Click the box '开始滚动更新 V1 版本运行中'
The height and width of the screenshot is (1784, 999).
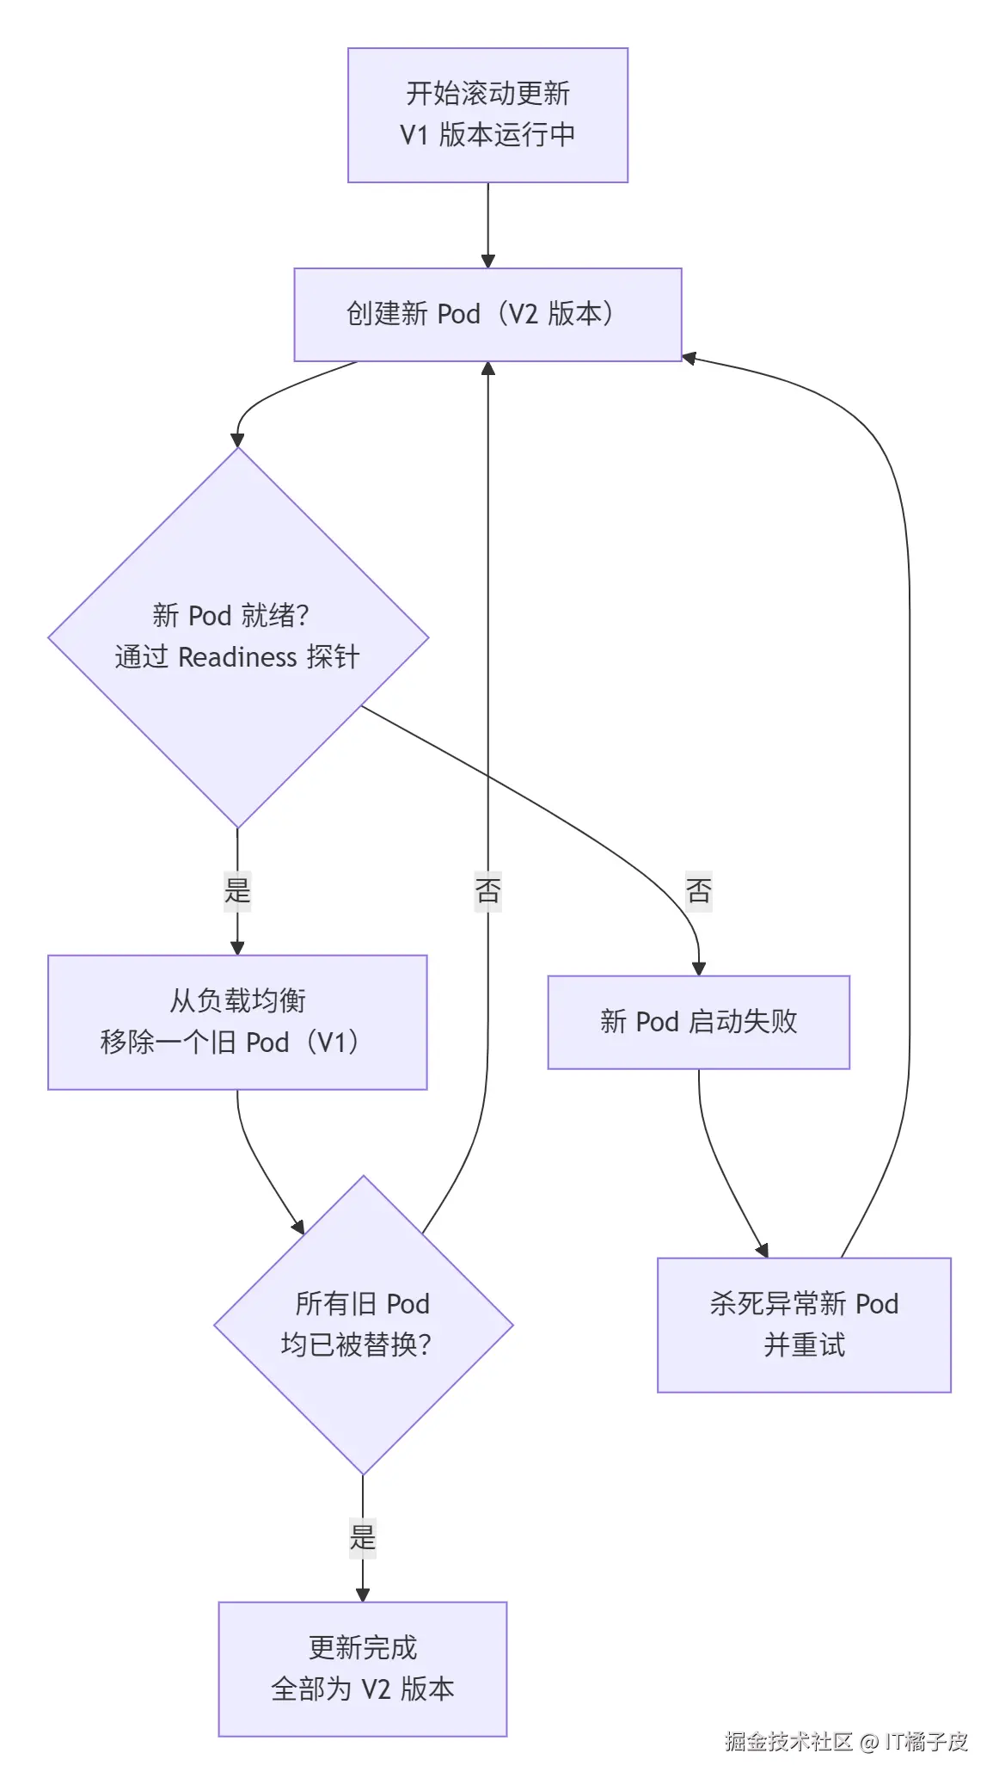point(487,114)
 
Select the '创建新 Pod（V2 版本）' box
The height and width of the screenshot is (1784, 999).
point(487,314)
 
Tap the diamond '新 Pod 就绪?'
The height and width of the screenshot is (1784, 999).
point(237,637)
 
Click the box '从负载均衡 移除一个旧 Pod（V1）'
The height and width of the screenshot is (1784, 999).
point(237,1022)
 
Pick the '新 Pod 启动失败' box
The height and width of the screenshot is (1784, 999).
point(698,1022)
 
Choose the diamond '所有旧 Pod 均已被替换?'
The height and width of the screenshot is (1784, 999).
point(363,1325)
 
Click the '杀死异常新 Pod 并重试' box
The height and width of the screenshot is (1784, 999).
point(804,1325)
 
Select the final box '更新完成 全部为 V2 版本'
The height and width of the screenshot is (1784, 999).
point(362,1669)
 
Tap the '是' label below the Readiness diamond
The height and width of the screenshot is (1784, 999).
point(237,889)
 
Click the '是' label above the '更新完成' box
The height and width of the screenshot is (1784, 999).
point(363,1536)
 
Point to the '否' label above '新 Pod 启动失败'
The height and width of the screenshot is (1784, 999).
point(698,889)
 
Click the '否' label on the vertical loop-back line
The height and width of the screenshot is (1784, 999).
point(487,889)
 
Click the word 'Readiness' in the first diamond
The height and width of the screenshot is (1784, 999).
point(237,657)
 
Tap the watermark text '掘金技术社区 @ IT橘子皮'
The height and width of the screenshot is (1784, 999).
point(846,1741)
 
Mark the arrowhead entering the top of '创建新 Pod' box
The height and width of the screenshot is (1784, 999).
point(487,261)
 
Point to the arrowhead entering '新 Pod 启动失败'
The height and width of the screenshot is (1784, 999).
point(698,969)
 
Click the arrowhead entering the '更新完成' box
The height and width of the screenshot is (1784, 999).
point(363,1594)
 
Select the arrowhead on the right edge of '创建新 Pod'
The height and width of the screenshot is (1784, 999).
point(689,357)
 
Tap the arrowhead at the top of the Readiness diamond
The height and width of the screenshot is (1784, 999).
point(237,440)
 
